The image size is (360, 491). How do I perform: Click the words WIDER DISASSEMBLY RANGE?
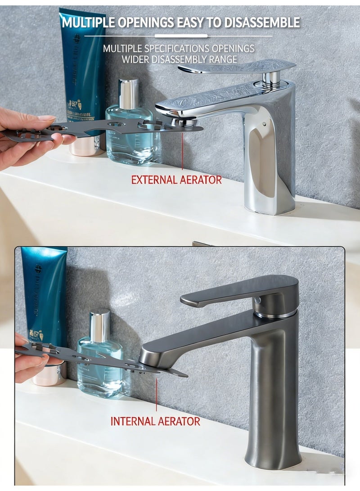click(179, 59)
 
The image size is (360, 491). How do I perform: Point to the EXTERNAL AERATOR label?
click(176, 180)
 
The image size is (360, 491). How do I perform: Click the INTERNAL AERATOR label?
click(155, 422)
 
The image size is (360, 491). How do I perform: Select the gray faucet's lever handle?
click(238, 290)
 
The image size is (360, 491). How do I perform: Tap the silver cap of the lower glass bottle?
click(99, 325)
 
